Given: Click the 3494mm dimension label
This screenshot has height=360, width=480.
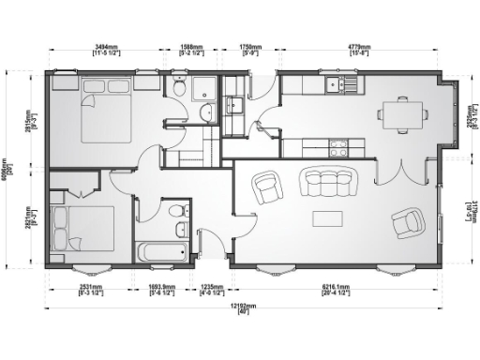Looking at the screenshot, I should (106, 45).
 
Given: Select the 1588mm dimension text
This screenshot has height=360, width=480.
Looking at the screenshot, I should (191, 45).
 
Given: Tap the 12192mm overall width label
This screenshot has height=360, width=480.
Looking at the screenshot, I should (247, 307).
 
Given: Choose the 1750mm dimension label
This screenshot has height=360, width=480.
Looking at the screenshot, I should (249, 45).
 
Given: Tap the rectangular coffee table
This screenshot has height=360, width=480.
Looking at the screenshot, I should (327, 218).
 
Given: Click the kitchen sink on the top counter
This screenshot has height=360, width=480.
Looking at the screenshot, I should (334, 86).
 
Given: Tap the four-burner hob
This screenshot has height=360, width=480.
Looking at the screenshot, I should (337, 146).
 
